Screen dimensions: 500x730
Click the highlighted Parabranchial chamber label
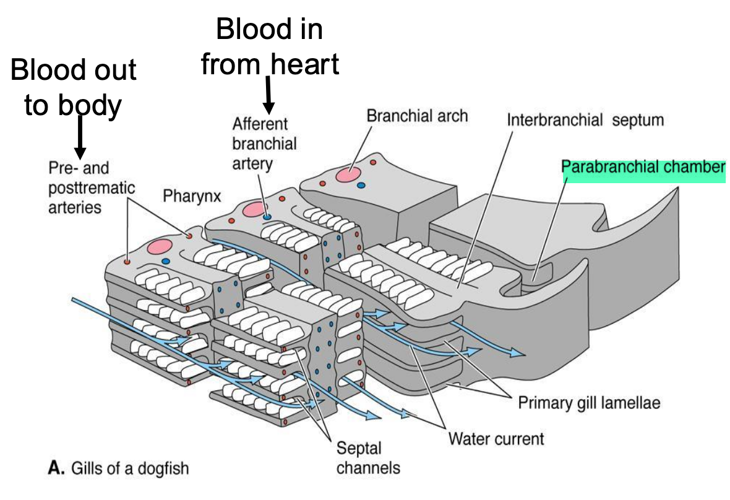point(643,168)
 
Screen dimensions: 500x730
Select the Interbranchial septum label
point(585,119)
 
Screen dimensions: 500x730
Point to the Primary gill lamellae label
point(589,403)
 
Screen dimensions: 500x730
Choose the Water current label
point(496,439)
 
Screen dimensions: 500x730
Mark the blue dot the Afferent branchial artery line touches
point(266,217)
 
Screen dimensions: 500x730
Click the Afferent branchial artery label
point(265,144)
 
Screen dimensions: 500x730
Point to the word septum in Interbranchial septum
point(638,119)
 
